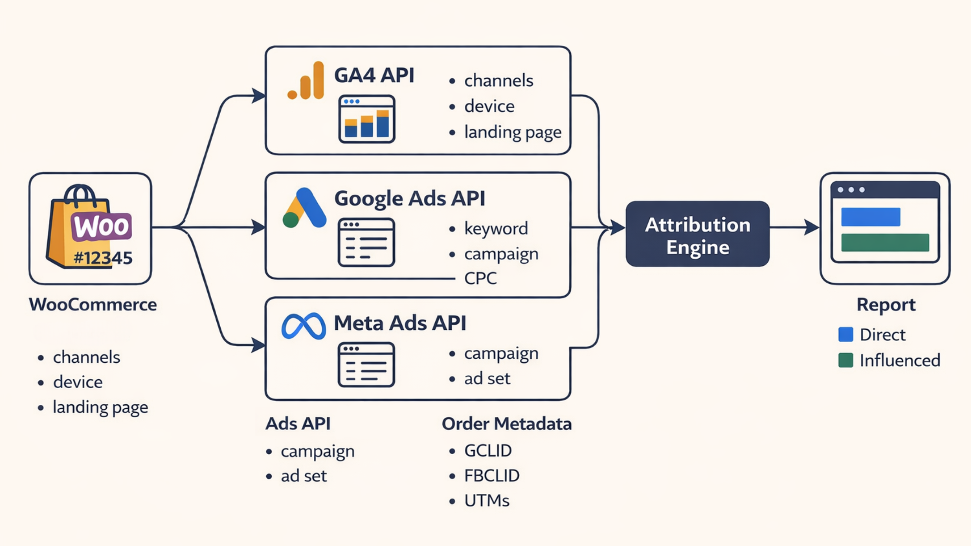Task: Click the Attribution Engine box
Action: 697,234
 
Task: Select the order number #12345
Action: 103,258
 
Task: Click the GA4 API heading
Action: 374,75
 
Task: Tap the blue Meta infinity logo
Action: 303,326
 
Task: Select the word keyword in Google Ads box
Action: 496,228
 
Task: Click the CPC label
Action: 480,278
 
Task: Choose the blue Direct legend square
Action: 845,335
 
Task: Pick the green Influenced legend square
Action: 845,360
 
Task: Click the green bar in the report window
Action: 885,243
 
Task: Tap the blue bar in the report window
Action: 870,217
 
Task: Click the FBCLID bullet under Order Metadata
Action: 492,476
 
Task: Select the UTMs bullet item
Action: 486,501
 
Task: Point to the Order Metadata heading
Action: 506,424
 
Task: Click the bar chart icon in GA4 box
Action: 367,119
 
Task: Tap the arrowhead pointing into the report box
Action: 811,227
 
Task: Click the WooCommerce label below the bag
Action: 93,305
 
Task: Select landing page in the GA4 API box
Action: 512,132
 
